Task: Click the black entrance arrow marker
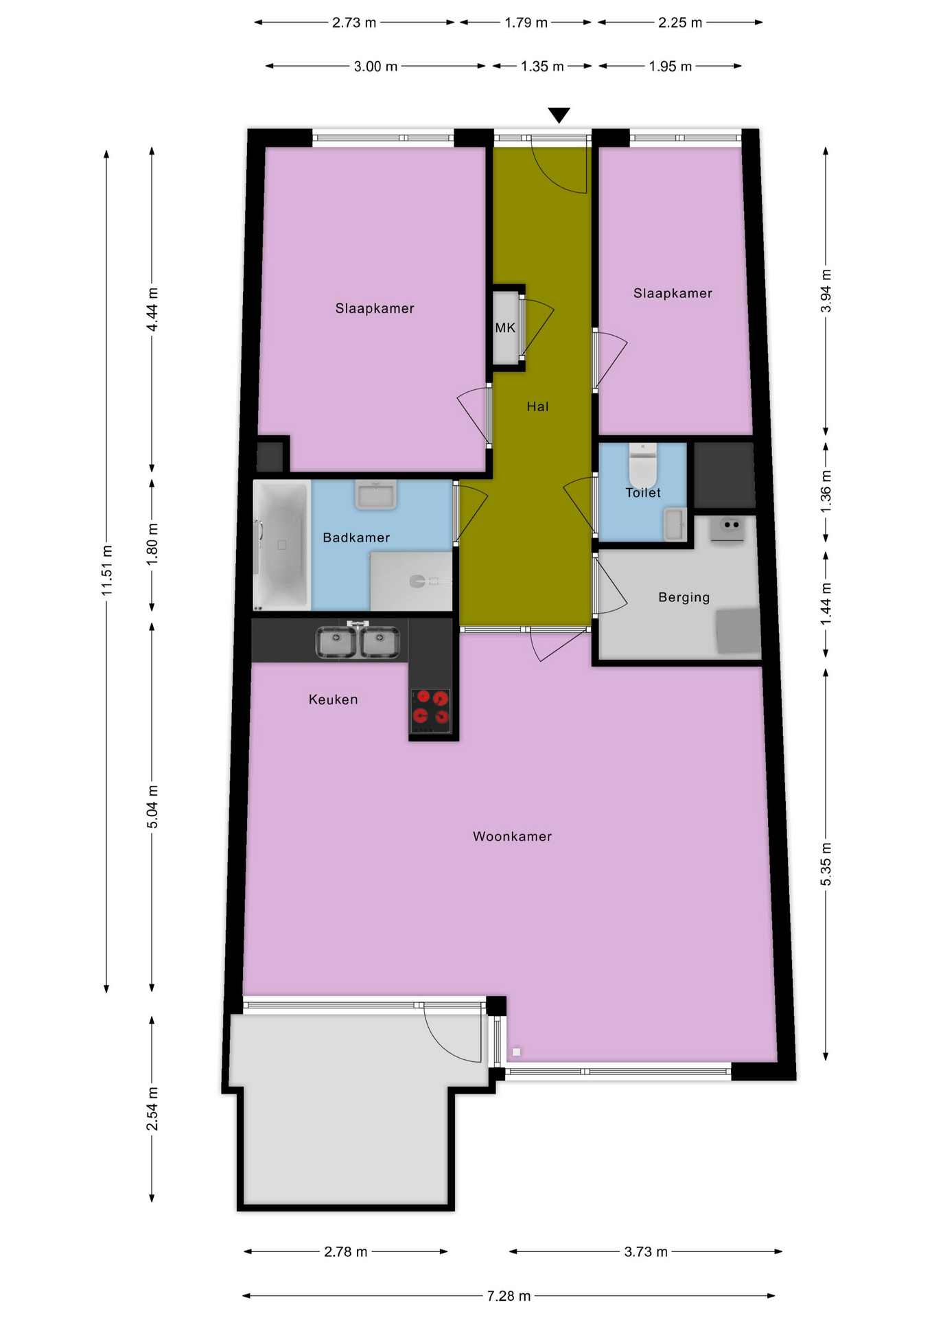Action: pos(559,115)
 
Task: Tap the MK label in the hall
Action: pos(505,328)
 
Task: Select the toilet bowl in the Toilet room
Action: pos(643,464)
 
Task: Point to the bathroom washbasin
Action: pos(375,494)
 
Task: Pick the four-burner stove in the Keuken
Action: pos(430,710)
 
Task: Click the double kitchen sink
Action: pos(358,642)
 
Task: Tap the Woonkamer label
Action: pos(512,836)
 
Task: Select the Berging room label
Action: pos(684,597)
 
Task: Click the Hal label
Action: pos(537,406)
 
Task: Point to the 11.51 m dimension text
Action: pos(107,570)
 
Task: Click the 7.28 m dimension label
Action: pos(509,1295)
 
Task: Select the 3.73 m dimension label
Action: pos(645,1251)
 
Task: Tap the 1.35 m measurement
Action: pos(542,67)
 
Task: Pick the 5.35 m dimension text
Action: pos(826,864)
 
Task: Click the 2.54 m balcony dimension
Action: pos(152,1109)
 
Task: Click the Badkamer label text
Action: pos(356,537)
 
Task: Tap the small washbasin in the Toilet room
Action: pos(675,524)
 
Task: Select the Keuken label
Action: pos(333,700)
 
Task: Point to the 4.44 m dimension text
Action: pos(152,309)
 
